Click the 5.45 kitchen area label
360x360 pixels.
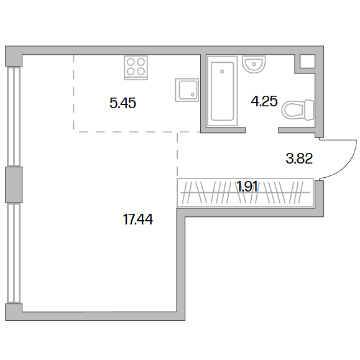click(x=123, y=103)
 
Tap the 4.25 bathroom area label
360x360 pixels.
click(x=264, y=101)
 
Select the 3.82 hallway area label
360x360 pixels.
click(x=299, y=159)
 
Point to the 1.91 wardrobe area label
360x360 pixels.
click(x=247, y=187)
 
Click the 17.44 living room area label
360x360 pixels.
click(x=138, y=219)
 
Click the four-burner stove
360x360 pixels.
click(x=136, y=68)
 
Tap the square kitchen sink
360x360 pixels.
click(x=187, y=90)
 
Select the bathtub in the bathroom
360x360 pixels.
click(x=222, y=91)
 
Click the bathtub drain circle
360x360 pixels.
click(x=222, y=72)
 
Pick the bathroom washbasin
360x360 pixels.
click(x=254, y=64)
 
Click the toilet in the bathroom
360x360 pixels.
click(x=298, y=110)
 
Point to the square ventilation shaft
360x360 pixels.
click(x=307, y=62)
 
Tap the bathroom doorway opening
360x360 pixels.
click(x=262, y=131)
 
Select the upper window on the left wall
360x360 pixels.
click(x=14, y=116)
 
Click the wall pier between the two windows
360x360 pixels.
click(x=14, y=185)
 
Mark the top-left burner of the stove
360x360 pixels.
click(x=131, y=62)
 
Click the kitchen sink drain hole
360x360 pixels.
click(x=192, y=95)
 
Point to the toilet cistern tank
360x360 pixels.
click(x=309, y=110)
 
